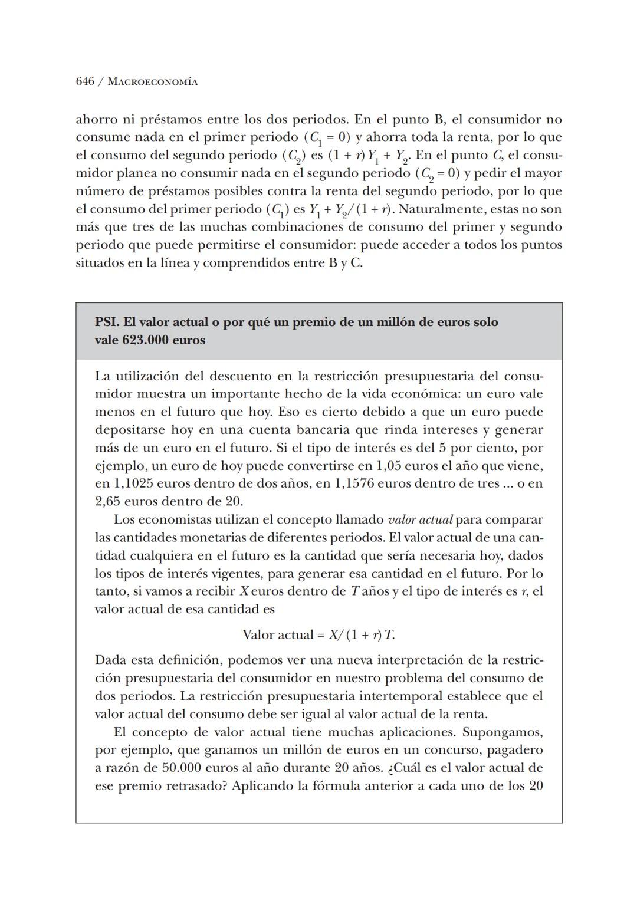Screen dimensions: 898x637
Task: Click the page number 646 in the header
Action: coord(85,81)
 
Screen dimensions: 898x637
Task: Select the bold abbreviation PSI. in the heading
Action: coord(107,322)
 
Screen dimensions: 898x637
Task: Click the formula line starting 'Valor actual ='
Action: coord(318,635)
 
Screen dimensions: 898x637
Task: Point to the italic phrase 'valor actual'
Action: coord(420,520)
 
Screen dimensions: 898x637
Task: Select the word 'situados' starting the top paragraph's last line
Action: coord(98,263)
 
